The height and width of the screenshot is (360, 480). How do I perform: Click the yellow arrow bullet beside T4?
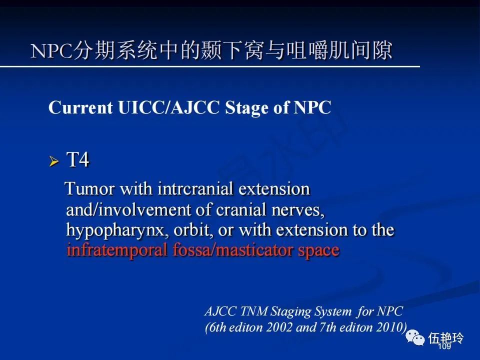54,161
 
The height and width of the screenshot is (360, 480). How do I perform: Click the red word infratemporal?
117,250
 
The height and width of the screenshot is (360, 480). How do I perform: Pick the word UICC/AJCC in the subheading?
168,107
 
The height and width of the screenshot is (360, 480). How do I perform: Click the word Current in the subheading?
80,108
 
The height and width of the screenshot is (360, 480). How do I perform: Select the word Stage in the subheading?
246,108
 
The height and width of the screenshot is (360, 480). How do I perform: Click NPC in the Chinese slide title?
51,51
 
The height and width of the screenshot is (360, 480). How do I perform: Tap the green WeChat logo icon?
415,337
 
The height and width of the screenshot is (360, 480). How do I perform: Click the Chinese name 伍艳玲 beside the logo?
445,338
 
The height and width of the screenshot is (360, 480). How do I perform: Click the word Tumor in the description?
90,188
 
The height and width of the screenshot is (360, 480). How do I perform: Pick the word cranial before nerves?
241,209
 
